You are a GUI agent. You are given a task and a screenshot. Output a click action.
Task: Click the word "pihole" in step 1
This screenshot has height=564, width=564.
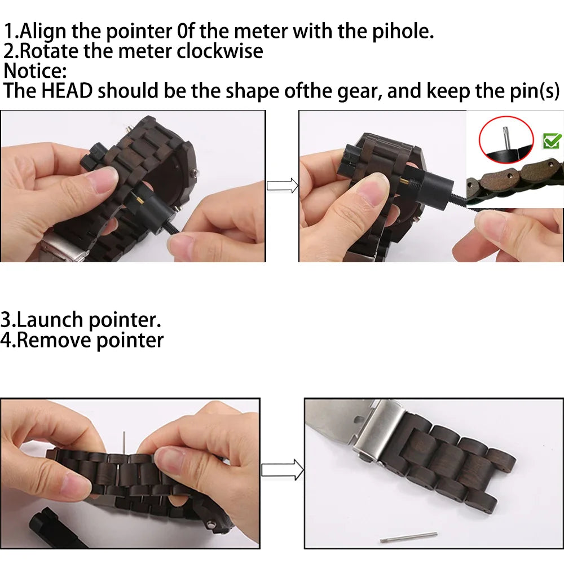coord(402,32)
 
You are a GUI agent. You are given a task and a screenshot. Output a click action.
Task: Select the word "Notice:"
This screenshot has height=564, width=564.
coord(35,70)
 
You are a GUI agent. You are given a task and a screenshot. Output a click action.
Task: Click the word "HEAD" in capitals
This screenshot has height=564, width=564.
coord(67,90)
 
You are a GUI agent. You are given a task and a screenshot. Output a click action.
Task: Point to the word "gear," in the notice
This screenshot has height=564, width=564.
coord(359,91)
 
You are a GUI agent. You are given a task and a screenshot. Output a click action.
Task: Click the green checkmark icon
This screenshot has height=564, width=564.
coord(552,140)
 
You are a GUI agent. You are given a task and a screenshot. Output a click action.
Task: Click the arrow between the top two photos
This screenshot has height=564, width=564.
coord(283,186)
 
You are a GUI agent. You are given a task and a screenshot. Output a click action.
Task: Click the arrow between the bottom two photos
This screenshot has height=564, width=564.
coord(283,470)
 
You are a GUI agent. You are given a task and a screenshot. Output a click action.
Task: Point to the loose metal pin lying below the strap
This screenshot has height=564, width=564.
coord(408,537)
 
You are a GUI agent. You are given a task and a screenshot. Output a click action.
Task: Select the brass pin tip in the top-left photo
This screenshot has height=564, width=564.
coord(138,199)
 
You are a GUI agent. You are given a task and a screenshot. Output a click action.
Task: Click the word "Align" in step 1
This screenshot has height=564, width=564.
coord(43,32)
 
